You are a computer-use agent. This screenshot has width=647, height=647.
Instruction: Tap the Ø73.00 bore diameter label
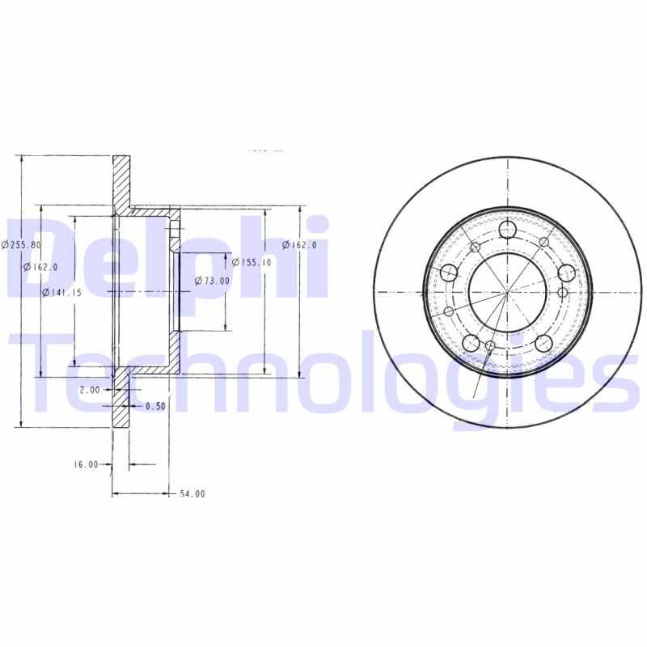212,281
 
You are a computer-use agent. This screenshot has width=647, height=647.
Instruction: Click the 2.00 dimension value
90,390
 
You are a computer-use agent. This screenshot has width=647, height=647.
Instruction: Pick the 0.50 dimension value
155,406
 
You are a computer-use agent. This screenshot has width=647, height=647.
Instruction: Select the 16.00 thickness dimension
86,464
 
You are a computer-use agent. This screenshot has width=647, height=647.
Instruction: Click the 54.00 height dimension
192,493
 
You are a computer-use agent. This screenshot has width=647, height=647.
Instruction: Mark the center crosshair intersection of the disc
507,291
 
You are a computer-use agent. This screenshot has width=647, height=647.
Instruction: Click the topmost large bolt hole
508,230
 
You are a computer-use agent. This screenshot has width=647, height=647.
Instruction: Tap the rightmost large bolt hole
566,273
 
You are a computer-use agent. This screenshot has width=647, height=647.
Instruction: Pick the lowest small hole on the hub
490,347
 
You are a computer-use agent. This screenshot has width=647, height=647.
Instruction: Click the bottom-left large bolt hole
471,342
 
